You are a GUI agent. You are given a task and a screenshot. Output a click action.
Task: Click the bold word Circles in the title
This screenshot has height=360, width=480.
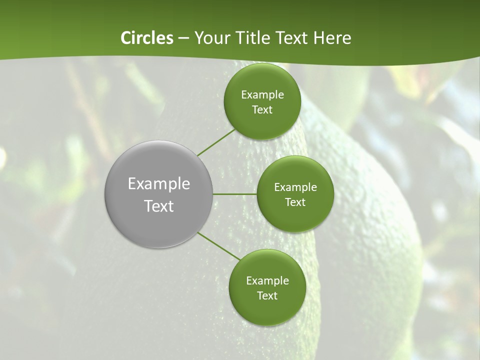click(x=146, y=38)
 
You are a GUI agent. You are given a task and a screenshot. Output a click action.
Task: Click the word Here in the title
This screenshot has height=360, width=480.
click(x=332, y=38)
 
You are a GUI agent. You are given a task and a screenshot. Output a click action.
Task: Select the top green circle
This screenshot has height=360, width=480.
click(x=262, y=125)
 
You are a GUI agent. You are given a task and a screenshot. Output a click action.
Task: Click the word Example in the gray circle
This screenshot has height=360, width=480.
click(x=159, y=184)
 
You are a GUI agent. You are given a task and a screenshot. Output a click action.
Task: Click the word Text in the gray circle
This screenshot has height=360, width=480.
click(x=159, y=206)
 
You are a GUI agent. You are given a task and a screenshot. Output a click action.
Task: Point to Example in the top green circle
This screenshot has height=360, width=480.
click(x=262, y=95)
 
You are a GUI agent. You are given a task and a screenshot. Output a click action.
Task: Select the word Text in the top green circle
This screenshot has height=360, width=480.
click(x=262, y=110)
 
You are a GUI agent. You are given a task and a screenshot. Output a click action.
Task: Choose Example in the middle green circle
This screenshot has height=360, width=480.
click(x=295, y=187)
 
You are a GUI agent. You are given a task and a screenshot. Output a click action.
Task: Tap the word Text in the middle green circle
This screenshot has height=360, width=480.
click(x=295, y=202)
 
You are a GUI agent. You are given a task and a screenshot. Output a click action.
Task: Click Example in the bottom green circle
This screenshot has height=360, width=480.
click(x=267, y=281)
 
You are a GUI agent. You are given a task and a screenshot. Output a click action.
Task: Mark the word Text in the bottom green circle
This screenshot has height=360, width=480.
click(x=267, y=296)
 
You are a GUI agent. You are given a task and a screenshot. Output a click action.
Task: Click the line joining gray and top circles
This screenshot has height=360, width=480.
click(x=216, y=142)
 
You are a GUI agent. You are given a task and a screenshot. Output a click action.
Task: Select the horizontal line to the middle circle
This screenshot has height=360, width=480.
click(x=235, y=194)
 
